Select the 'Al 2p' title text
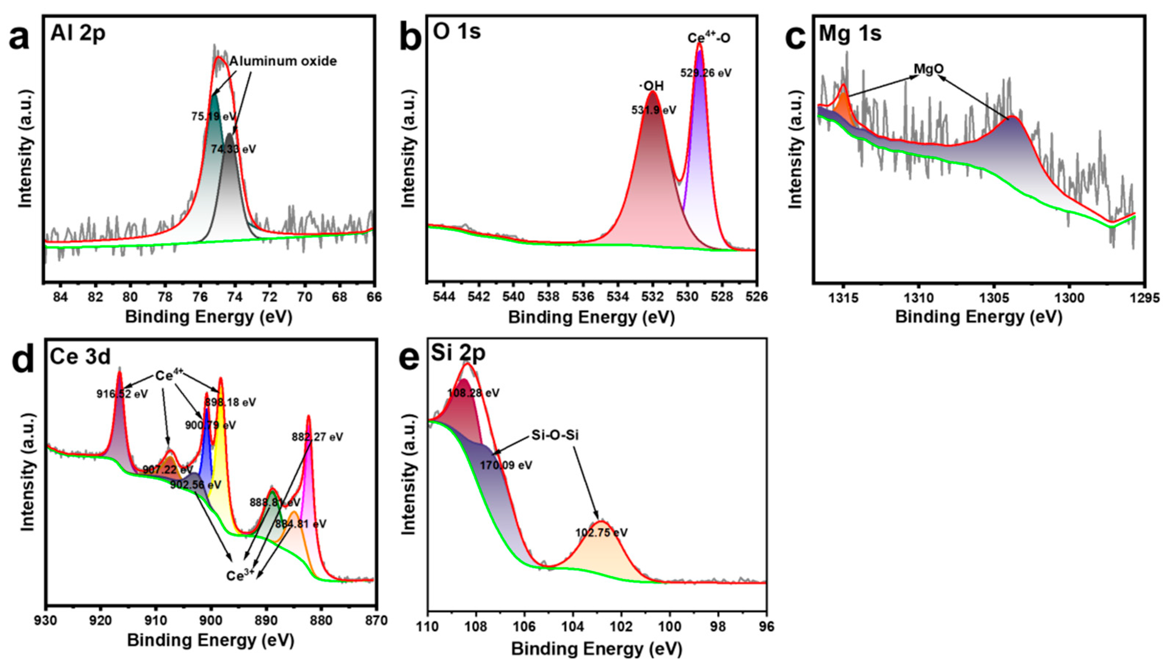pos(78,33)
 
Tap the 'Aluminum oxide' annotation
pos(283,61)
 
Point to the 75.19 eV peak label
pos(213,117)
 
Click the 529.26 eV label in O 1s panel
pos(706,73)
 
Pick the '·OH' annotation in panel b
pos(651,86)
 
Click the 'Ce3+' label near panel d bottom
pos(240,575)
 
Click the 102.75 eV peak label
pos(601,533)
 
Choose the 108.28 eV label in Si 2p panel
pos(473,393)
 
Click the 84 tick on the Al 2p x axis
pos(60,297)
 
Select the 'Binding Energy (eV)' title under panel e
pos(596,649)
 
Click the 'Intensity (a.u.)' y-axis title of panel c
pos(796,150)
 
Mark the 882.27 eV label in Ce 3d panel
pos(317,437)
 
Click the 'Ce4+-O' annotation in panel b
pos(709,38)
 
